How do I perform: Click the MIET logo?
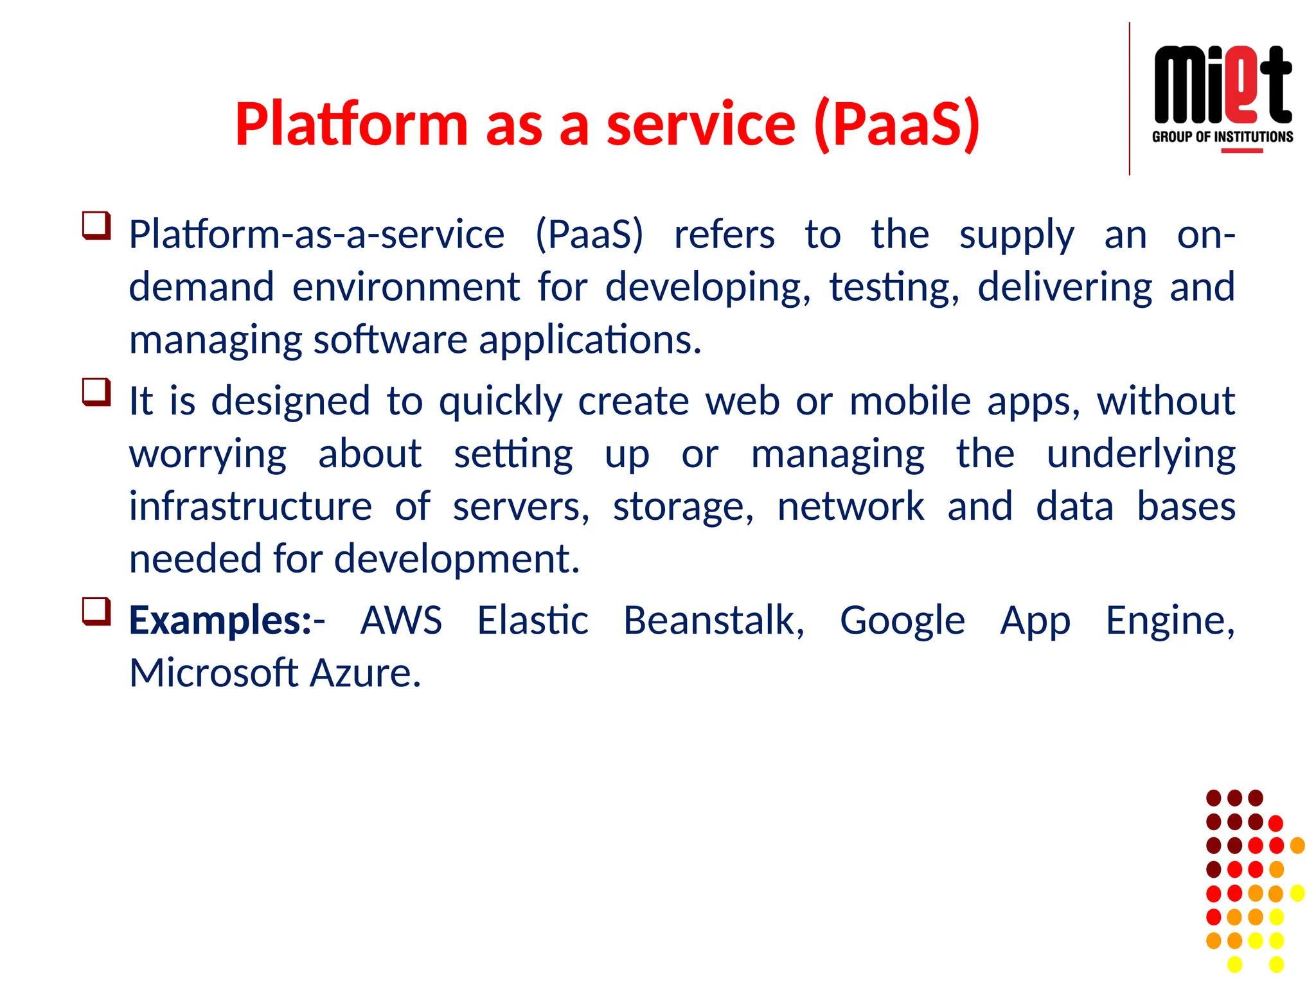tap(1222, 85)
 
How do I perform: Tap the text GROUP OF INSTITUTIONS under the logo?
tap(1222, 137)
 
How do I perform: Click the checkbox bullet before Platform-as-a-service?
tap(96, 226)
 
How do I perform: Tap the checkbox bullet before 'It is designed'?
tap(96, 392)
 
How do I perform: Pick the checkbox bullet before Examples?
tap(96, 612)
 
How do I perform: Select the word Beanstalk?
tap(713, 621)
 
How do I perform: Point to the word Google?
tap(902, 621)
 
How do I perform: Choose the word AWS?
tap(401, 621)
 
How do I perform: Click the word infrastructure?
tap(251, 506)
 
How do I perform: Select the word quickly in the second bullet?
tap(501, 402)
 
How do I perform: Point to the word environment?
tap(406, 287)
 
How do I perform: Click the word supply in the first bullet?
tap(1016, 235)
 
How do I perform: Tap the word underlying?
tap(1141, 454)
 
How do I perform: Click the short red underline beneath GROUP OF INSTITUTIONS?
tap(1241, 151)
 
